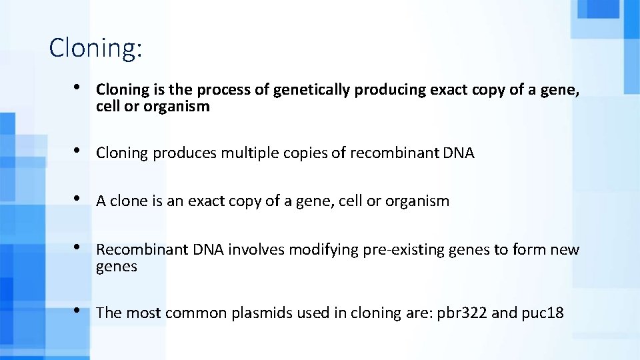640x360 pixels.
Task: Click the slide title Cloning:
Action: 95,49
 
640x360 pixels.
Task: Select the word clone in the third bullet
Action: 129,201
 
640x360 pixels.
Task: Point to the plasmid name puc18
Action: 540,313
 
